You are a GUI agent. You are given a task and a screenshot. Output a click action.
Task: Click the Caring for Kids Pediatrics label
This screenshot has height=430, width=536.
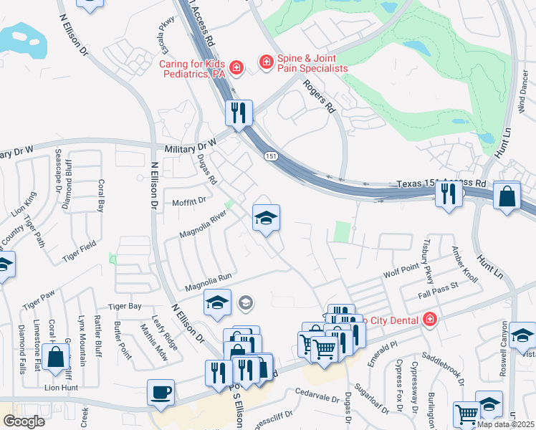(192, 68)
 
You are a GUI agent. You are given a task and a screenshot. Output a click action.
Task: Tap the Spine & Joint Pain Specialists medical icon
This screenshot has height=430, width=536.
(266, 62)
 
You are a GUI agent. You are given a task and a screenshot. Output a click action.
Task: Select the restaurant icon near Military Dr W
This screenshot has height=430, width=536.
(239, 112)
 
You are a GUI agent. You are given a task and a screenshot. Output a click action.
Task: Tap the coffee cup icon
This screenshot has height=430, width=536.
(160, 392)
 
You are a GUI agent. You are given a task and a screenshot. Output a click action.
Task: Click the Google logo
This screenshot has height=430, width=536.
(23, 421)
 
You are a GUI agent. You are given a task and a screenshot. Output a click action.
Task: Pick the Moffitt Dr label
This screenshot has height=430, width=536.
(190, 202)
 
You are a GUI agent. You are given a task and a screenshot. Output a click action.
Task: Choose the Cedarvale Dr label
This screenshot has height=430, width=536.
(317, 391)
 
